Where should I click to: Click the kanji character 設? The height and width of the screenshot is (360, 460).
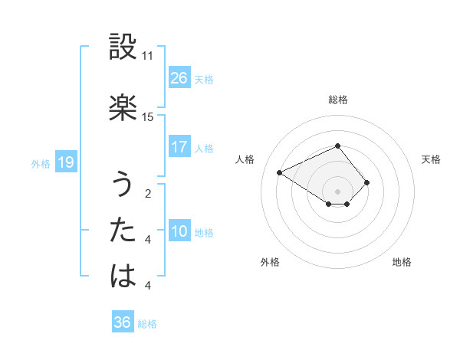[x=123, y=47]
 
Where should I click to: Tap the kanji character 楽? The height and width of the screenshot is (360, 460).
[x=123, y=107]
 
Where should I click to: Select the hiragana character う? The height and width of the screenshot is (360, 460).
[x=123, y=185]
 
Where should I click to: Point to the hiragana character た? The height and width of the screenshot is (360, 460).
[x=123, y=230]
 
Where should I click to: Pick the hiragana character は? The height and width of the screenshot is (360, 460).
[x=123, y=275]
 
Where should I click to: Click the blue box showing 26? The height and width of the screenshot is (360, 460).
[x=179, y=78]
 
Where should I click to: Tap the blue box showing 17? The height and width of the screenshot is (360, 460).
[x=179, y=147]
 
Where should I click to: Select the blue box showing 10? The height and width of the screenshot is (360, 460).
[x=179, y=232]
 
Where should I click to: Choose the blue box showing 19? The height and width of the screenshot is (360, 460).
[x=65, y=162]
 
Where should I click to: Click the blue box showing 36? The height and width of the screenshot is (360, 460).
[x=123, y=322]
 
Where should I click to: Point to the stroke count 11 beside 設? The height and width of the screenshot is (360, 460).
[x=147, y=56]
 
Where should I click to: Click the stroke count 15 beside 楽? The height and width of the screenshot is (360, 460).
[x=147, y=116]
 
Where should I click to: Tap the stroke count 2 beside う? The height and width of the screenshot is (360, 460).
[x=147, y=194]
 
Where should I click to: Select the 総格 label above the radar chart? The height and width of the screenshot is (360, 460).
[x=338, y=100]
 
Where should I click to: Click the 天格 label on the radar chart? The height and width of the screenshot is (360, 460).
[x=431, y=159]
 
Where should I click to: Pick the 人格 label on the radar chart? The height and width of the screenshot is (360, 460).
[x=245, y=159]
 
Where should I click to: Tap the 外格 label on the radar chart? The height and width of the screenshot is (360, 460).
[x=270, y=262]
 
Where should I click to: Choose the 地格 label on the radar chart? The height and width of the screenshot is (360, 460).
[x=402, y=262]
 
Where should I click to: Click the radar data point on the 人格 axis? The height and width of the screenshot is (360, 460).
[x=280, y=172]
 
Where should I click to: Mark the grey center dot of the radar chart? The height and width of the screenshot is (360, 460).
[x=338, y=191]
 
